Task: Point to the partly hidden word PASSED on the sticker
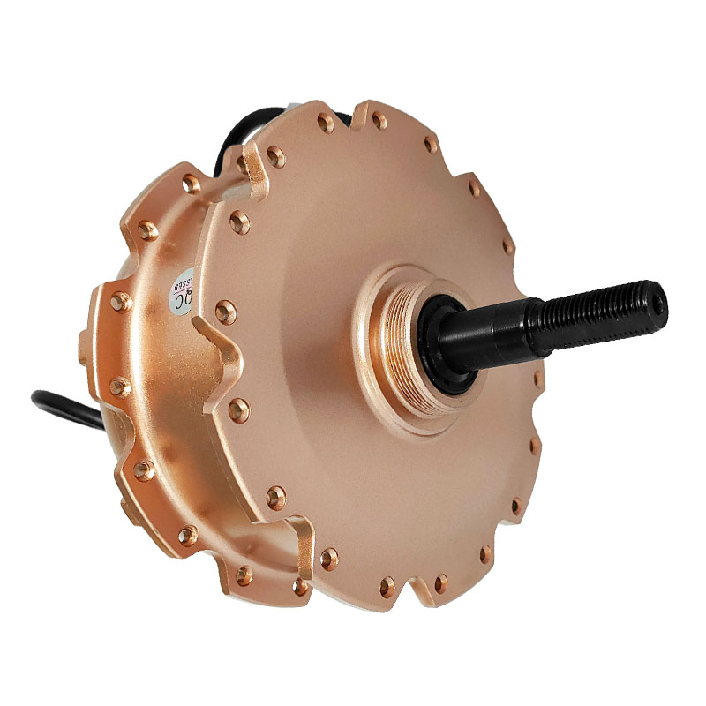click(184, 281)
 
